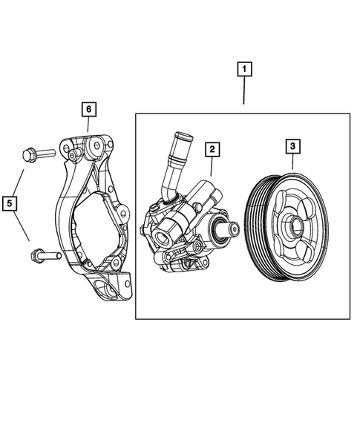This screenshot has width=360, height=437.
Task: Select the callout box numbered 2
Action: pyautogui.click(x=212, y=150)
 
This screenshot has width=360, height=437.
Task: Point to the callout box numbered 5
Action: pyautogui.click(x=10, y=201)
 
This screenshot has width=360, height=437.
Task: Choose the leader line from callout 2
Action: pyautogui.click(x=210, y=167)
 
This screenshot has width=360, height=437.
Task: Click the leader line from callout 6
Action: pyautogui.click(x=88, y=125)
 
